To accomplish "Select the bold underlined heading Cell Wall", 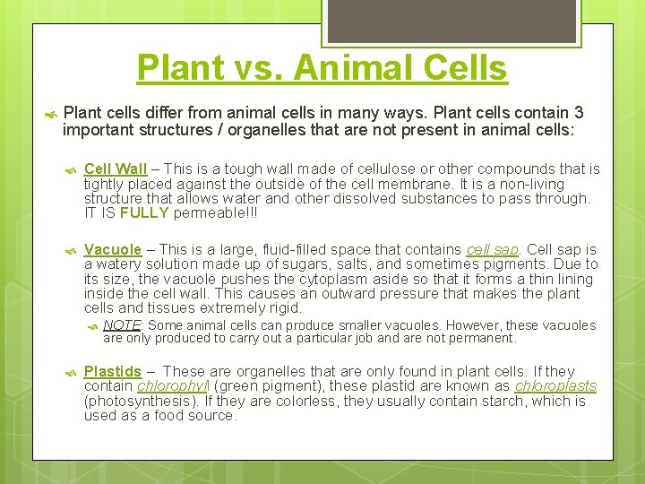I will point(115,169).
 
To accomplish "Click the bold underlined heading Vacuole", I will point(113,249).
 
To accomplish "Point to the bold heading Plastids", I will point(113,371).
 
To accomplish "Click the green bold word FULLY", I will point(144,213).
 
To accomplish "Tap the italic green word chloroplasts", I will point(555,386).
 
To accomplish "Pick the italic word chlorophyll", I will point(174,386).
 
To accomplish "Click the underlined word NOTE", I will point(123,325).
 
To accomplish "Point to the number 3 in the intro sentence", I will point(579,112).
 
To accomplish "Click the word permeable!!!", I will point(211,213).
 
